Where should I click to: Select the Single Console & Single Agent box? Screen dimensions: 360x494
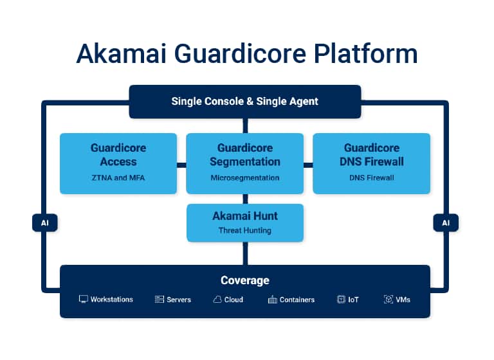pos(244,101)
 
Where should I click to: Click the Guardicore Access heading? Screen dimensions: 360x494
pos(118,154)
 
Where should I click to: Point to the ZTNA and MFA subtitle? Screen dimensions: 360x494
pos(118,177)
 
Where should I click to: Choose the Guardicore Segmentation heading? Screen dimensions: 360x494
pos(245,154)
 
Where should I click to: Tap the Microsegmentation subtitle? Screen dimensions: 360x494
pos(245,177)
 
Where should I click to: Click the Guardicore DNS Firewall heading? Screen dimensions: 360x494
pos(372,154)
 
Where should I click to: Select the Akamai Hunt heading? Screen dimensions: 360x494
pos(245,216)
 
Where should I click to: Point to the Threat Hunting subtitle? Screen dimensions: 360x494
pos(245,230)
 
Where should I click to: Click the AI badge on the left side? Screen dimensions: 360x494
pos(44,223)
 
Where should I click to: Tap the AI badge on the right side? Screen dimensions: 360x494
pos(446,223)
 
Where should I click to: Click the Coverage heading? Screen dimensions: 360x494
pos(245,280)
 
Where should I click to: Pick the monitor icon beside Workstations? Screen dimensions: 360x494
pos(83,300)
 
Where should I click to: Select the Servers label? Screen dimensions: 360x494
pos(179,300)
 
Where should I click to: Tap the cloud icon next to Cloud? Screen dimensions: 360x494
pos(217,300)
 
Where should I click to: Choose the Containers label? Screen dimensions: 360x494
pos(297,300)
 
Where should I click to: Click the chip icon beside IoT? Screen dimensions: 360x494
pos(341,300)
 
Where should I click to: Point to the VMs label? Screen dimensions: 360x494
pos(403,300)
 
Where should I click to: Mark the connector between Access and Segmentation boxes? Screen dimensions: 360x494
pos(181,165)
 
